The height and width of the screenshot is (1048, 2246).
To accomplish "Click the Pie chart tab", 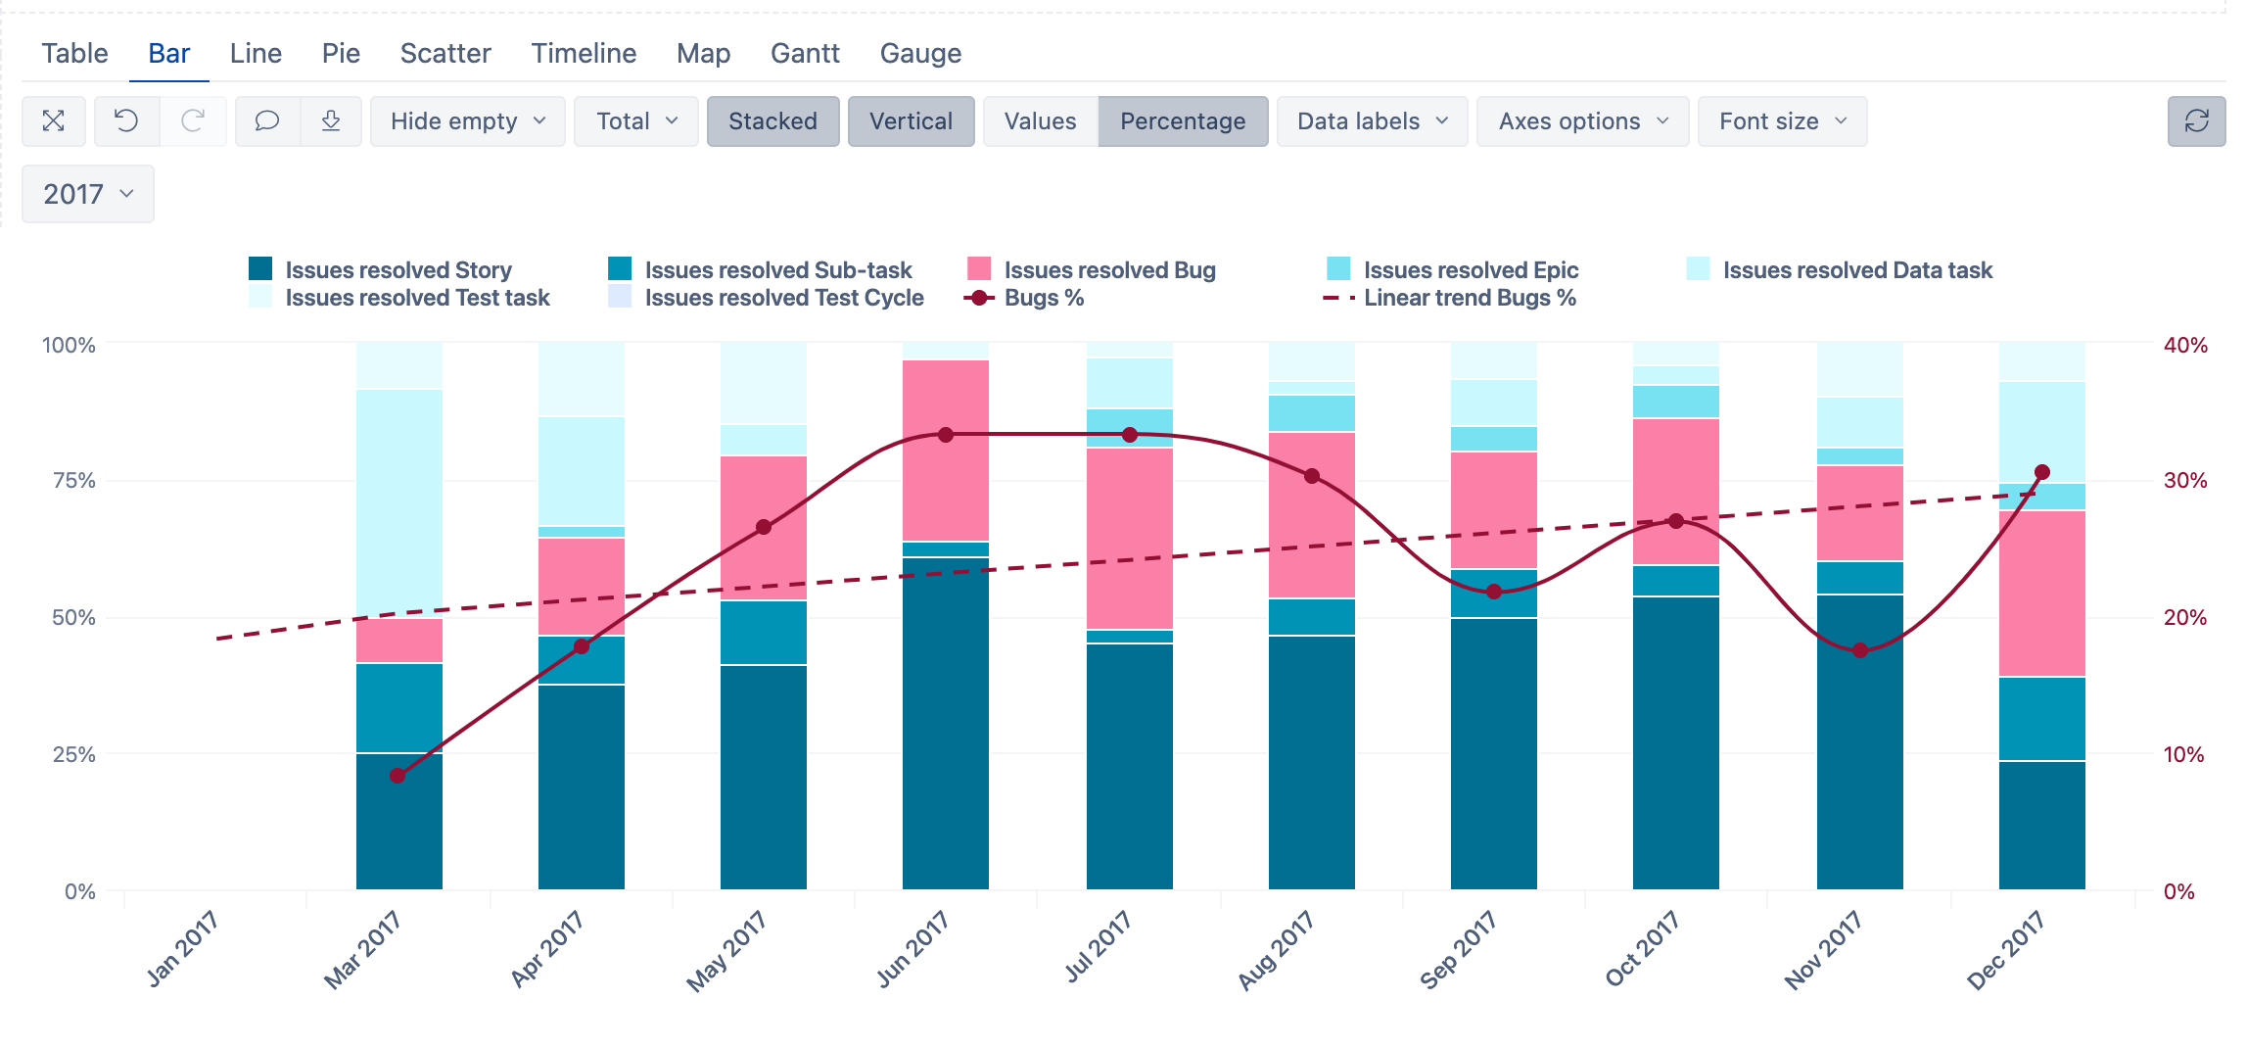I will click(341, 53).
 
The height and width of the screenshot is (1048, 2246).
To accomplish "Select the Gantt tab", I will click(805, 53).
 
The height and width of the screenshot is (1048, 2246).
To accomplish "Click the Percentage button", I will click(1183, 121).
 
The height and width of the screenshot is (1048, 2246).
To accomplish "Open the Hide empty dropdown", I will click(467, 121).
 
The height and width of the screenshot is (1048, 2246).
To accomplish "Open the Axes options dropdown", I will click(1582, 121).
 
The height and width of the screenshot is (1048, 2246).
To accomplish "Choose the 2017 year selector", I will click(87, 194).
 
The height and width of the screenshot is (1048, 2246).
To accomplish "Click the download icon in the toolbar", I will click(331, 121).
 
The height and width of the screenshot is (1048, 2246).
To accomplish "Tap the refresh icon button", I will click(2196, 121).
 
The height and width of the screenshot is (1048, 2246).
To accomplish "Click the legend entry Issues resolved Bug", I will click(1109, 270).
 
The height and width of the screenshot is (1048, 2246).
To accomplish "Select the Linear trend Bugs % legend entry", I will click(1469, 298).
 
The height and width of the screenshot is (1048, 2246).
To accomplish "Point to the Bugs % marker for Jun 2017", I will click(946, 435).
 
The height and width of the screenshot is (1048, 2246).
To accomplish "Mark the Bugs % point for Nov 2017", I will click(1860, 650).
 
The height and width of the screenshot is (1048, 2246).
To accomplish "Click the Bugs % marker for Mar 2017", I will click(398, 776).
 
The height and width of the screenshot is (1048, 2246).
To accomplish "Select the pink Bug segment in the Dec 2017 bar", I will click(2041, 593).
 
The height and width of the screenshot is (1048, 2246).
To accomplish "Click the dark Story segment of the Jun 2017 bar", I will click(946, 725).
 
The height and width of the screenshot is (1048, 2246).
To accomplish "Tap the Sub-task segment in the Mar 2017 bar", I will click(399, 707).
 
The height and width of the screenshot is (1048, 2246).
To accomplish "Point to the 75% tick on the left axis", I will click(74, 481).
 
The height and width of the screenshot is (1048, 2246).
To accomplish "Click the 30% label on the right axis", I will click(2184, 481).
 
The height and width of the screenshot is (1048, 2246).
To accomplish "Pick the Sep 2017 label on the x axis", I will click(1459, 949).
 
